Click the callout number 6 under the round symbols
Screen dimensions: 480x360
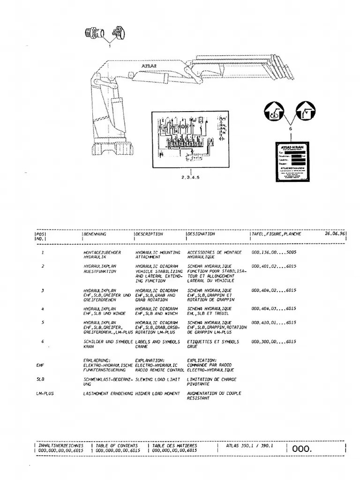click(291, 128)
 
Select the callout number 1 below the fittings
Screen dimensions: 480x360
click(110, 46)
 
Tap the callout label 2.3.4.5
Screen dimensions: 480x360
click(190, 177)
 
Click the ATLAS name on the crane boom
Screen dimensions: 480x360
click(149, 67)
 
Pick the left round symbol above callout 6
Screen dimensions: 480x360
click(275, 112)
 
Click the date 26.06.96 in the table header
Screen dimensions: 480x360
click(335, 233)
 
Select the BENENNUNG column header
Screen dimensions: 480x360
click(95, 233)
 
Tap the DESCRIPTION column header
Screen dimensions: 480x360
click(150, 233)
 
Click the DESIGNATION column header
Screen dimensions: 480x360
click(201, 233)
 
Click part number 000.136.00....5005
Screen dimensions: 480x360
click(274, 253)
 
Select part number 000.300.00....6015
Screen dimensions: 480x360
click(274, 342)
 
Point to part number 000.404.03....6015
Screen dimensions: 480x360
click(274, 308)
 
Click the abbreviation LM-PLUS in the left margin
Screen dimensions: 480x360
click(45, 394)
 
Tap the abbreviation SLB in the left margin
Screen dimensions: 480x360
click(40, 380)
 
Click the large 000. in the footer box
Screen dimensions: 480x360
click(302, 449)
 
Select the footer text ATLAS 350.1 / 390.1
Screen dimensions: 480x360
click(250, 446)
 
